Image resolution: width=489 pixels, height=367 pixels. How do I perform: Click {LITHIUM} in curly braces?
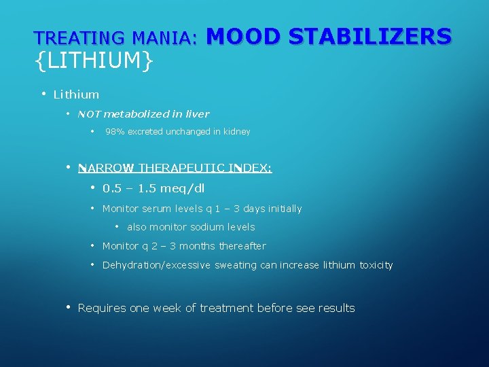94,62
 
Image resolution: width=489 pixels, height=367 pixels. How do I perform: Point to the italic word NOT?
89,114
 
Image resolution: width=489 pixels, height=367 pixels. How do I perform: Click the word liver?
197,114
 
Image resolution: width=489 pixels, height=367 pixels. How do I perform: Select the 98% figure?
115,132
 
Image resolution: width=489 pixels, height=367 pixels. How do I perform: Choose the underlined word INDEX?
250,168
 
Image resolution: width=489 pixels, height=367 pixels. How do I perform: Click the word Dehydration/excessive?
157,265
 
